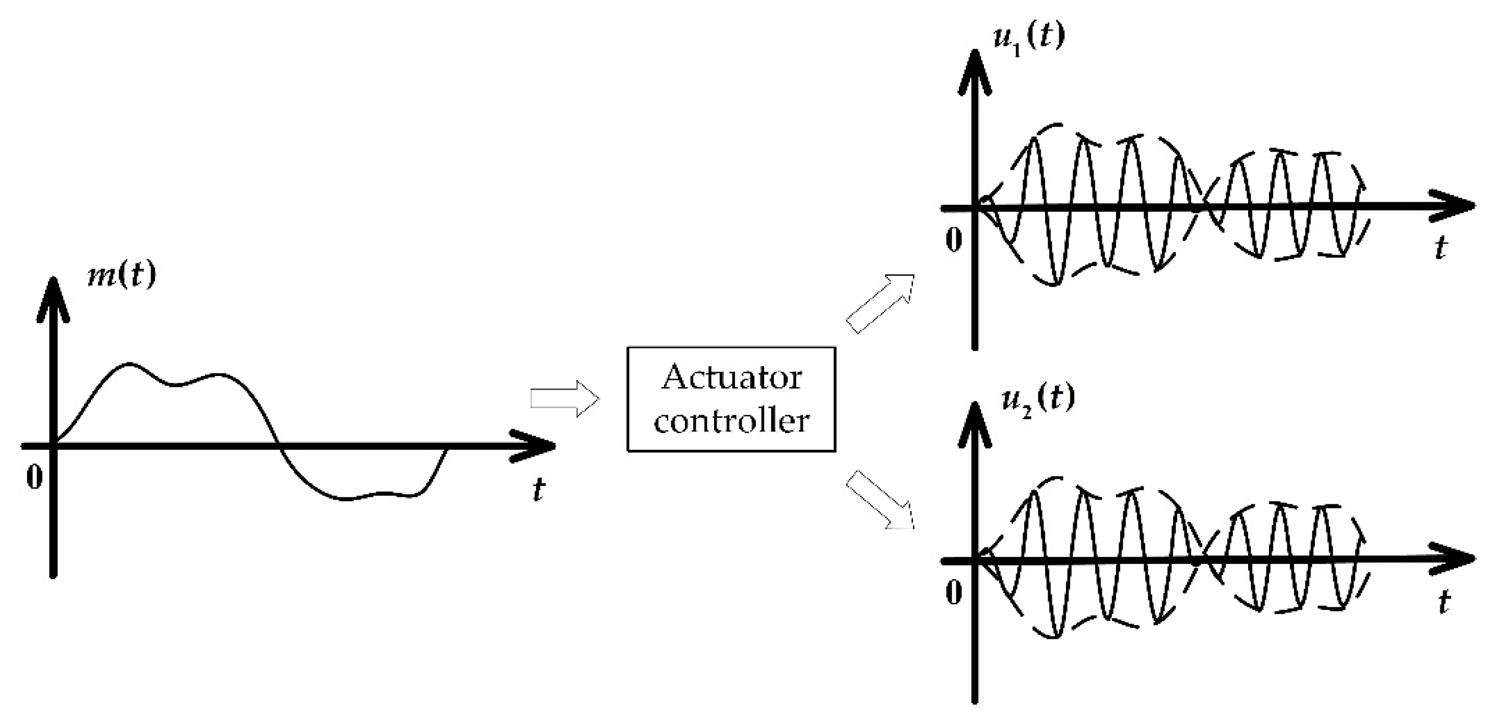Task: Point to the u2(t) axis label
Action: click(x=1038, y=399)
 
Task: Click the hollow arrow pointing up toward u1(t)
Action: click(x=880, y=304)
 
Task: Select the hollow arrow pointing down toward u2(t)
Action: click(x=880, y=500)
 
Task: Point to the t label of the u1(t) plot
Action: click(x=1440, y=248)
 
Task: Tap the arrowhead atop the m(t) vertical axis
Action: click(x=53, y=296)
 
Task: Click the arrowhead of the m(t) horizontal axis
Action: click(x=537, y=446)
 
